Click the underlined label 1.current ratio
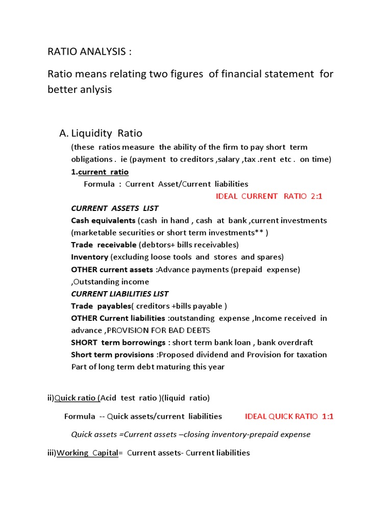100,172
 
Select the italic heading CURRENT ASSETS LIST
114,208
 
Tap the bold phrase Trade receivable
104,245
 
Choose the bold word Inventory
89,257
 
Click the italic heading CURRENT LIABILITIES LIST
119,294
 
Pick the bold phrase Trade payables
101,306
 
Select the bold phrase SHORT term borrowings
118,342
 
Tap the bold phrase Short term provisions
112,354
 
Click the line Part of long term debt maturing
148,367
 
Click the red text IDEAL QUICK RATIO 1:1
289,416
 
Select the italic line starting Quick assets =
190,435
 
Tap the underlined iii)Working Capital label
82,453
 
